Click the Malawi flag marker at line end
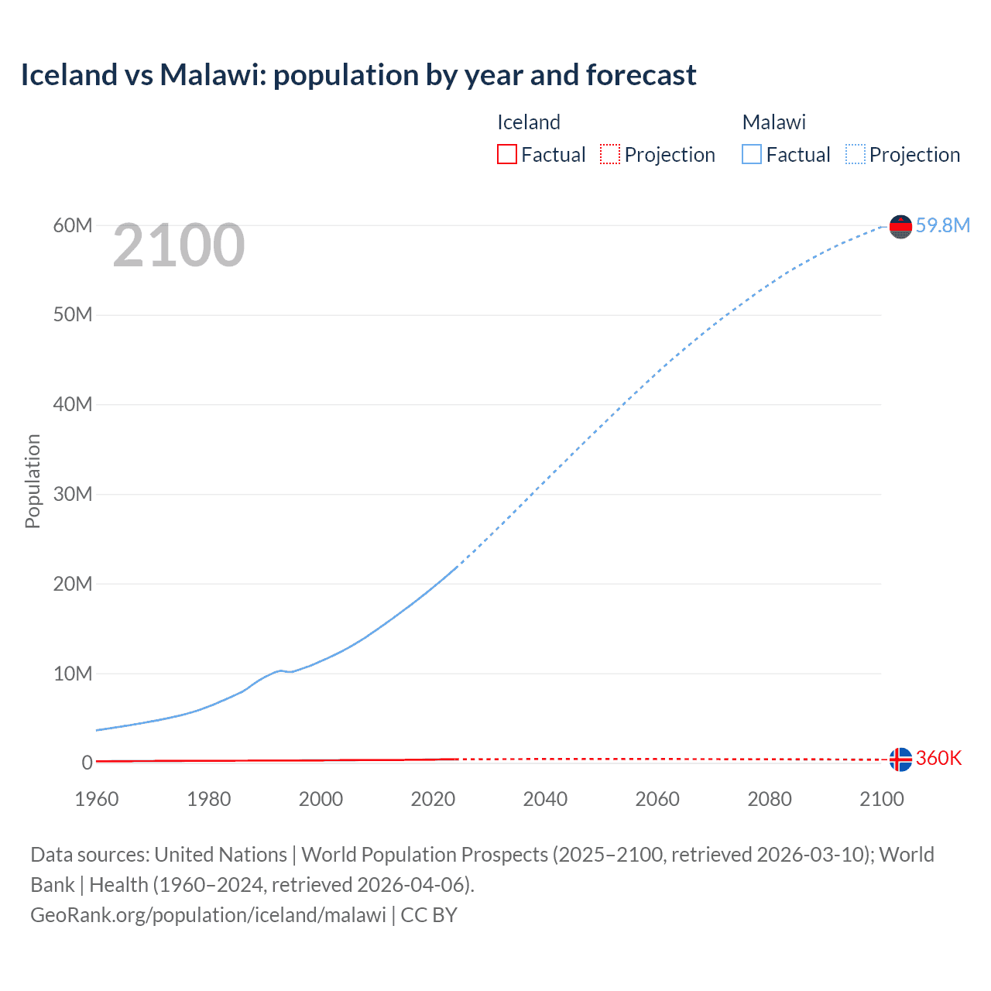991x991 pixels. [900, 226]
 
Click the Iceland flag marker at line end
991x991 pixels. [900, 760]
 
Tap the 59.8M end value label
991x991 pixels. [942, 225]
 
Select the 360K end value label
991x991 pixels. [938, 758]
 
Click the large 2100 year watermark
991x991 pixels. [179, 245]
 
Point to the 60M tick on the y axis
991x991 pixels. [73, 225]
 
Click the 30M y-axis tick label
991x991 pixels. [73, 494]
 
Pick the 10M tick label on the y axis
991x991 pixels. [73, 674]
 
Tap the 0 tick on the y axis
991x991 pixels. [87, 763]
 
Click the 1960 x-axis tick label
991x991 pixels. [97, 799]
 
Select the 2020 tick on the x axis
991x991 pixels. [433, 799]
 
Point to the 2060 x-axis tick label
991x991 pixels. [657, 799]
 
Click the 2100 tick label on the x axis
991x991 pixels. [881, 799]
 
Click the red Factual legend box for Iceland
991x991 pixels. [507, 154]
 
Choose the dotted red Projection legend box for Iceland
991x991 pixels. [610, 154]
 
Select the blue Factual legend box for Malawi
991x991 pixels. [752, 154]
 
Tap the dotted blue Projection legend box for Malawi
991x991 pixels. [855, 154]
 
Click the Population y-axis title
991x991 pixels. [33, 481]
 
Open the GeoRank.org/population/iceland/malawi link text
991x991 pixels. [208, 915]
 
